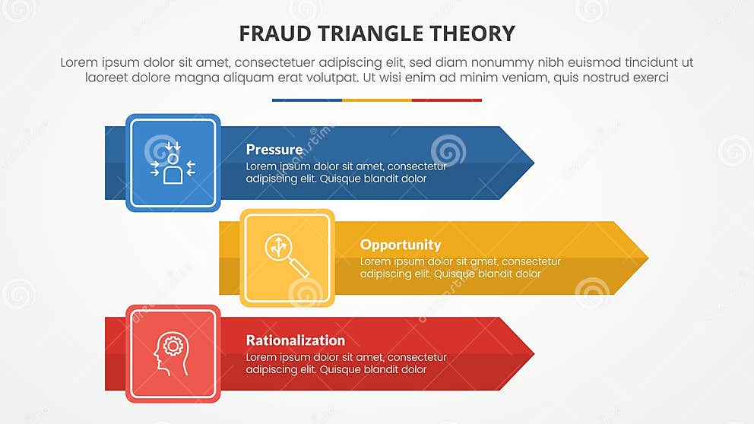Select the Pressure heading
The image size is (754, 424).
pyautogui.click(x=274, y=150)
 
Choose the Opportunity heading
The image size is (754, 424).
pyautogui.click(x=400, y=245)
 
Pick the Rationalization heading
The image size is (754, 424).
pyautogui.click(x=295, y=340)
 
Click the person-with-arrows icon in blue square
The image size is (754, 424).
pyautogui.click(x=173, y=163)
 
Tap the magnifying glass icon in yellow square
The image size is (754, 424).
pyautogui.click(x=287, y=258)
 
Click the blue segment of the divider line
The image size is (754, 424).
pyautogui.click(x=306, y=100)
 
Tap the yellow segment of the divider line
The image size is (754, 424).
pyautogui.click(x=376, y=100)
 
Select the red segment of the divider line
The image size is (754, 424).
pyautogui.click(x=446, y=100)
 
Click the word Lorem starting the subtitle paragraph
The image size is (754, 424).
pyautogui.click(x=80, y=63)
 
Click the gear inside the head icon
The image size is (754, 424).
pyautogui.click(x=174, y=346)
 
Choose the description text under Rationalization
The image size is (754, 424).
pyautogui.click(x=346, y=363)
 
